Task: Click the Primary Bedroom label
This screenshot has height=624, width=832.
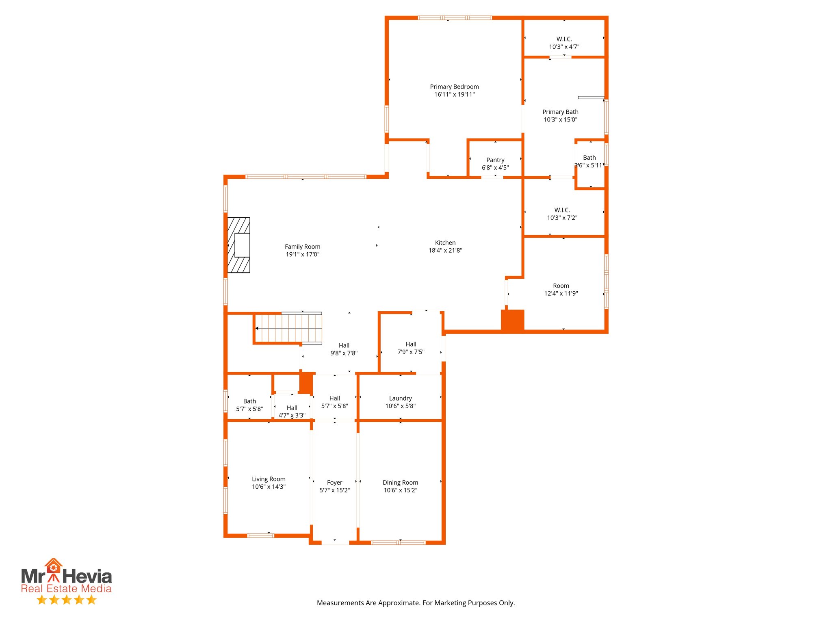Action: (454, 87)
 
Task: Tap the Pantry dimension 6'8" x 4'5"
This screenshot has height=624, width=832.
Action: (495, 167)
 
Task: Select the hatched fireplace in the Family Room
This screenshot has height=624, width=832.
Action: (238, 245)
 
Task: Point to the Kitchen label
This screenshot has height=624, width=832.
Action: (445, 243)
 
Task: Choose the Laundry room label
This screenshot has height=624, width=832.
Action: (400, 398)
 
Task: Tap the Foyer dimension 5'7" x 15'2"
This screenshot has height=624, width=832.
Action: (334, 490)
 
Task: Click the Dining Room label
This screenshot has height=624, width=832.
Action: (400, 483)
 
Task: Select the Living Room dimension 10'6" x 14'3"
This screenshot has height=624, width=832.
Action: (269, 487)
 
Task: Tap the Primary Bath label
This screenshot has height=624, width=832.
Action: (560, 112)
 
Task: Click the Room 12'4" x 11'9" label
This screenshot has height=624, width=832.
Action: (561, 289)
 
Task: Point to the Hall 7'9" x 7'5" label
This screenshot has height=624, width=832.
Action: (411, 348)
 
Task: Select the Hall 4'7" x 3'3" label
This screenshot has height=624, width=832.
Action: (292, 411)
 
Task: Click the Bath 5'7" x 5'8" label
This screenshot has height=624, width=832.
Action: (249, 405)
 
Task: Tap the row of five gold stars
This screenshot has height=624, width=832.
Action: (66, 600)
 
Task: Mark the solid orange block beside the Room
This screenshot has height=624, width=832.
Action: (512, 320)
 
